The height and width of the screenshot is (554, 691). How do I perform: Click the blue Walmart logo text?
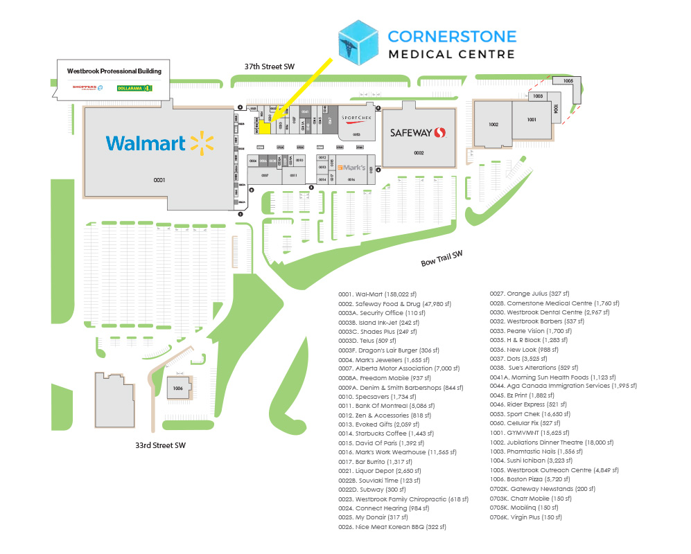(x=146, y=143)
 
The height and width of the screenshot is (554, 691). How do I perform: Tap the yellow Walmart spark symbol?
(x=202, y=143)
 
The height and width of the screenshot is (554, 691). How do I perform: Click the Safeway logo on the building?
(x=417, y=132)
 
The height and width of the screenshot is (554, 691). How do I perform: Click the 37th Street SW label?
(x=270, y=66)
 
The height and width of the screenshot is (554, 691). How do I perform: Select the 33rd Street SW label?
(x=160, y=445)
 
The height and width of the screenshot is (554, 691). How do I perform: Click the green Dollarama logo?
(x=134, y=88)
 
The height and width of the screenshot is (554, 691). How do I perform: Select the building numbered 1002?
(x=493, y=125)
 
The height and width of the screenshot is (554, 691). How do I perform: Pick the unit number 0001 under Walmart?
(x=160, y=180)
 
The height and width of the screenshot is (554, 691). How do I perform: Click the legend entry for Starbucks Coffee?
(x=385, y=433)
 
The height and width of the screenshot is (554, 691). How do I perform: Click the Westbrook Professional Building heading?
(x=114, y=71)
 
